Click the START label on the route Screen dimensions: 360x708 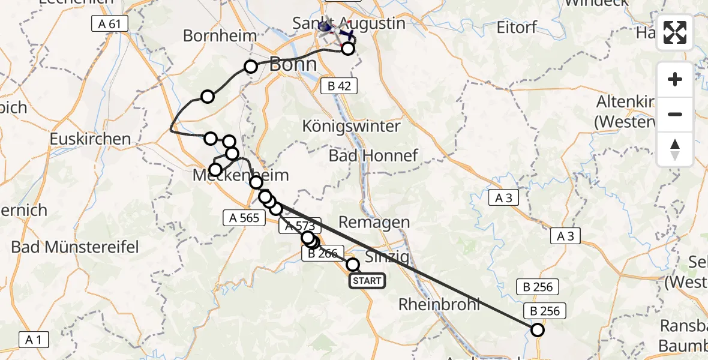(367, 280)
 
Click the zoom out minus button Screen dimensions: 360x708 (675, 114)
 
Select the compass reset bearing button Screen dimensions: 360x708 (675, 149)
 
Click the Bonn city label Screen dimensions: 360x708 (293, 64)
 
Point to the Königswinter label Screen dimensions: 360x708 (351, 127)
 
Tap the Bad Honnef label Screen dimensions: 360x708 (373, 156)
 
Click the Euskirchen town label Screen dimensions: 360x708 (91, 139)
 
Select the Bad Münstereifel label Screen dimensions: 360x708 (75, 247)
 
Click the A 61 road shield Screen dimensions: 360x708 (110, 24)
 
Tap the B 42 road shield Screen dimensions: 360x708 (339, 86)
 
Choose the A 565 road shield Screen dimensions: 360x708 (244, 217)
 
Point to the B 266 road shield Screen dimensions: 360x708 (323, 253)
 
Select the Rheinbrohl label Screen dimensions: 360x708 (440, 304)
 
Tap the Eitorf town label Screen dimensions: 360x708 (517, 28)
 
